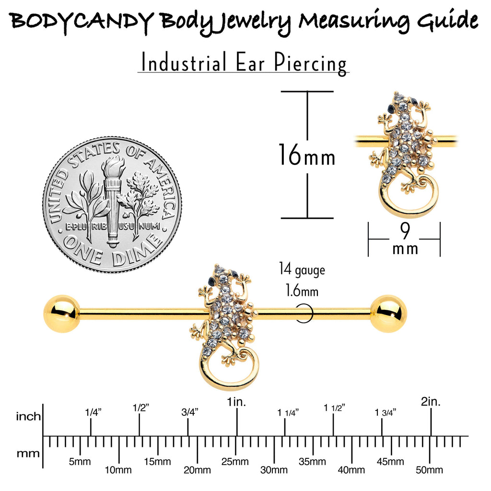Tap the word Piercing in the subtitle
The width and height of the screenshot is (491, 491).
[x=310, y=63]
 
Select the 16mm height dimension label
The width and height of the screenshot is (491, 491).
[x=307, y=155]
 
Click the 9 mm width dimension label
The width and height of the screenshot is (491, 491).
[x=405, y=239]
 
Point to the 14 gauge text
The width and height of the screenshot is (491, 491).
[x=302, y=269]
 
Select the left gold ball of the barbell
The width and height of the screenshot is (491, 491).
[x=62, y=313]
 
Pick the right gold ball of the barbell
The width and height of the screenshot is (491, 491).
[x=388, y=313]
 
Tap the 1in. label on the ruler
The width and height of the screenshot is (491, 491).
[x=236, y=402]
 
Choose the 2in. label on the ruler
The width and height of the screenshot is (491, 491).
[x=431, y=401]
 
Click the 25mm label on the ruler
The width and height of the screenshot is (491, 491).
[x=235, y=461]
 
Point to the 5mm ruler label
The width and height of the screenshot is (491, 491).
[x=80, y=461]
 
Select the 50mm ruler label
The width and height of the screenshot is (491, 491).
[x=429, y=470]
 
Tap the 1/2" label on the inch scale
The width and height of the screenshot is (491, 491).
[x=140, y=408]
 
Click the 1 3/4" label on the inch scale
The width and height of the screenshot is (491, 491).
[x=386, y=413]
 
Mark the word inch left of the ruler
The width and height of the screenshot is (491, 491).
[x=28, y=417]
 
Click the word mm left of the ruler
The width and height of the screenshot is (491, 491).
[x=28, y=454]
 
